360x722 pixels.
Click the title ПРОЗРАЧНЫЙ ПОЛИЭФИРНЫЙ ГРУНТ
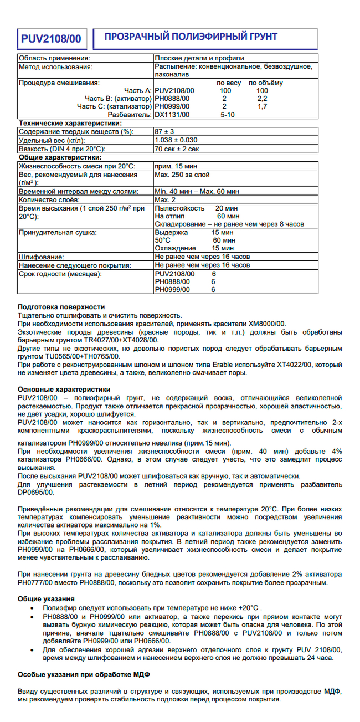pos(187,37)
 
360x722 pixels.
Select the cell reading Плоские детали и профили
pos(199,58)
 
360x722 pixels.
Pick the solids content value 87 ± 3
pos(166,132)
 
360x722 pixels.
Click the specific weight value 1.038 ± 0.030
pos(176,140)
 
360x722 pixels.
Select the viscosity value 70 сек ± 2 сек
pos(177,149)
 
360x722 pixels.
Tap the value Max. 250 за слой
pos(182,175)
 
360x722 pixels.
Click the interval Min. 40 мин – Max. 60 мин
pos(197,191)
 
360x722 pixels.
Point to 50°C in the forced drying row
pos(163,240)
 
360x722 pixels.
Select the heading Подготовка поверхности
pos(61,307)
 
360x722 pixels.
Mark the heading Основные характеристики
pos(64,390)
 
